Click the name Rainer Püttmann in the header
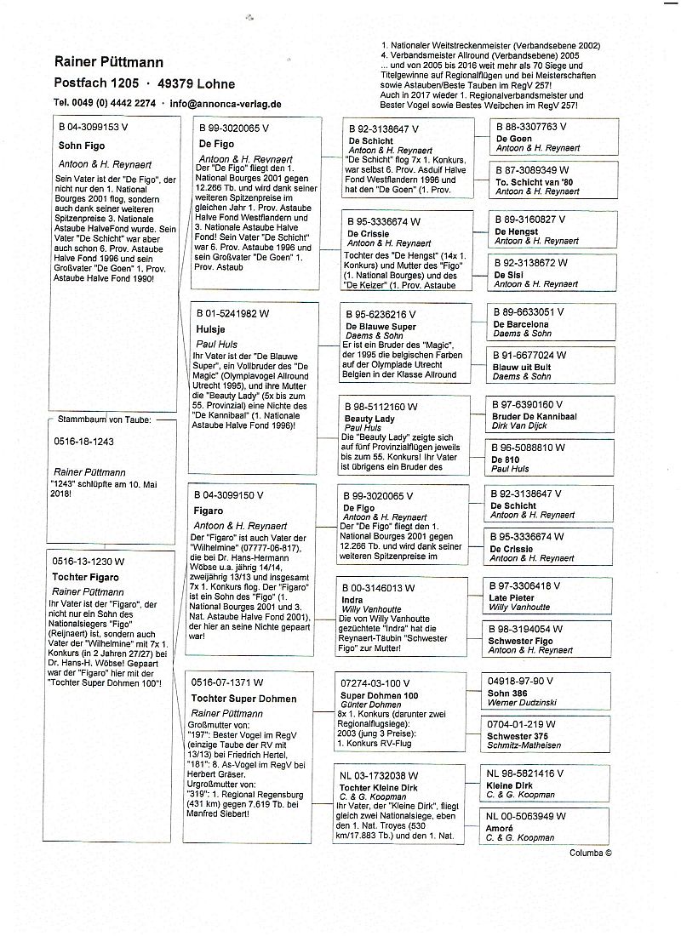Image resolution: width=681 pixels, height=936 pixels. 109,62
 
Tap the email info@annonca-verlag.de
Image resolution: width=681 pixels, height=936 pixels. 226,104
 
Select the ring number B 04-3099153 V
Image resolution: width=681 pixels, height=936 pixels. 93,126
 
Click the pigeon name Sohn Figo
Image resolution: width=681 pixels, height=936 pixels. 82,146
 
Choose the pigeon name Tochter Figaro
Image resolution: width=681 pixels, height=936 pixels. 86,577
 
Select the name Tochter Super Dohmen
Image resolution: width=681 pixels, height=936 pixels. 243,699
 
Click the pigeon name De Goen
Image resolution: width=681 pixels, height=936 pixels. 513,138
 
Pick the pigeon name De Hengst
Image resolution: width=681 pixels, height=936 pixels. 517,231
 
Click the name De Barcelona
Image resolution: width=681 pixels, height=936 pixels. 521,324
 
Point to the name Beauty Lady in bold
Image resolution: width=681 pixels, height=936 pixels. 370,419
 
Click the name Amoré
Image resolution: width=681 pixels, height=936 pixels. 501,828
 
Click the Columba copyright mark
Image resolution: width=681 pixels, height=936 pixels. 590,852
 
